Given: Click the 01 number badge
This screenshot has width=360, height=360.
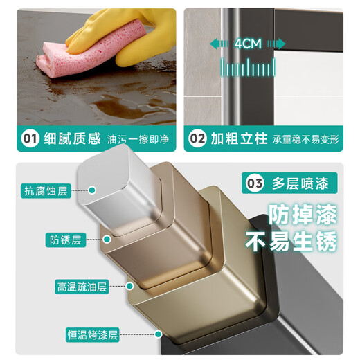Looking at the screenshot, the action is (30, 138).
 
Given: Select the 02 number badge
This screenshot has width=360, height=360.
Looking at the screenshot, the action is (197, 138).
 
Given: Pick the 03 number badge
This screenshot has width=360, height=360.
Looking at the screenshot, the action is (255, 183).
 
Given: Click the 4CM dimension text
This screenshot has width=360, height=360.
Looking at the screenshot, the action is (248, 44).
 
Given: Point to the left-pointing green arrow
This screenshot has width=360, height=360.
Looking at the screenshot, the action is (219, 44).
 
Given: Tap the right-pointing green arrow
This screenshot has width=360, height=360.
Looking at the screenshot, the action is (277, 44).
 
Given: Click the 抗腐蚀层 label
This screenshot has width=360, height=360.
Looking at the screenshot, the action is (46, 190).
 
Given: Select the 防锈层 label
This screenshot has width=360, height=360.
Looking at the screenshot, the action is (66, 240).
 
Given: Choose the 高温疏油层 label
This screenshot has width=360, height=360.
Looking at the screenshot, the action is (82, 287).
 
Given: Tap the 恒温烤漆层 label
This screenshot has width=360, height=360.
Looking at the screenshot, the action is (93, 334).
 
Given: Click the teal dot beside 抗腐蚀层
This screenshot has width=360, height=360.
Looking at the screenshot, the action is (92, 190).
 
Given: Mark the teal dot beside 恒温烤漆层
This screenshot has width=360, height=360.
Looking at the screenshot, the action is (159, 334).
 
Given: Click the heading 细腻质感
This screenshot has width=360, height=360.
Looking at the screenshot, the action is (73, 138).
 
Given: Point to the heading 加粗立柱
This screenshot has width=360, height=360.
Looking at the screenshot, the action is (240, 138).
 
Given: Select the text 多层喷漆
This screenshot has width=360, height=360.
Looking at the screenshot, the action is (300, 183).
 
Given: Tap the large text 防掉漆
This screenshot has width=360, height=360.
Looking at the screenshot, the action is (303, 214).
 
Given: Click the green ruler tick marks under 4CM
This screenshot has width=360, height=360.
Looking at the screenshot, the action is (248, 66).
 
